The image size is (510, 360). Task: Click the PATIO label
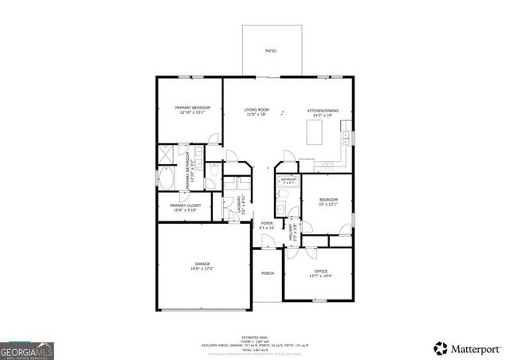coord(270,51)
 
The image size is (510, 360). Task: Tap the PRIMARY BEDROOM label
coord(192,108)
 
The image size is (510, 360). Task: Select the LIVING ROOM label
coord(256,109)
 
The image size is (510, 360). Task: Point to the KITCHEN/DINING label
coord(324,110)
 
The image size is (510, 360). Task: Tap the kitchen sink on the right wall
coord(348,143)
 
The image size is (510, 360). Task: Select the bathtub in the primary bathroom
coord(167,179)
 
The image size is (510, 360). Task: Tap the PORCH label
coord(268,273)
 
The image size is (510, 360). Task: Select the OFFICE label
coord(316,271)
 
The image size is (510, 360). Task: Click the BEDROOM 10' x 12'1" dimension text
coord(328,205)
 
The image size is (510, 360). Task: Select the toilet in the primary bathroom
coord(214,170)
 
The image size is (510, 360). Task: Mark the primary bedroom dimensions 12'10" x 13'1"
coord(192,113)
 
